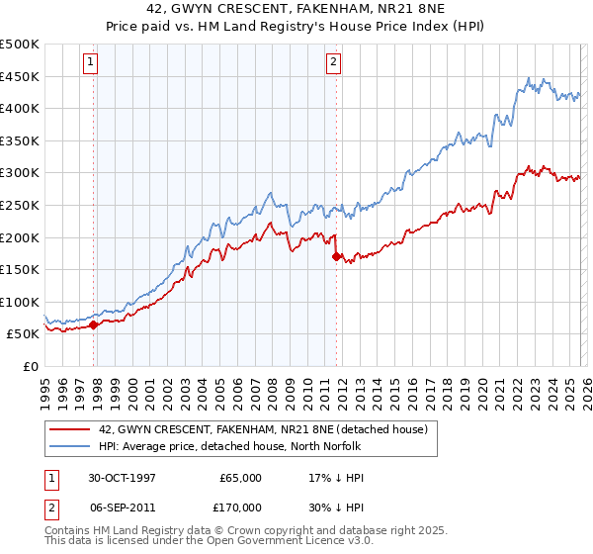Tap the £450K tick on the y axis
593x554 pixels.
pos(20,76)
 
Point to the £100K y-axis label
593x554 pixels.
pos(20,302)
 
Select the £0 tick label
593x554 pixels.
pos(30,366)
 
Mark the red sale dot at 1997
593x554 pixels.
pos(94,323)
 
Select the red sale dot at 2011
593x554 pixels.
pos(336,256)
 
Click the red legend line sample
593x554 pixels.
pos(69,429)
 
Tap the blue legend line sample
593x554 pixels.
pos(69,446)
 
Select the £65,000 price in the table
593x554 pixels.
pos(240,478)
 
